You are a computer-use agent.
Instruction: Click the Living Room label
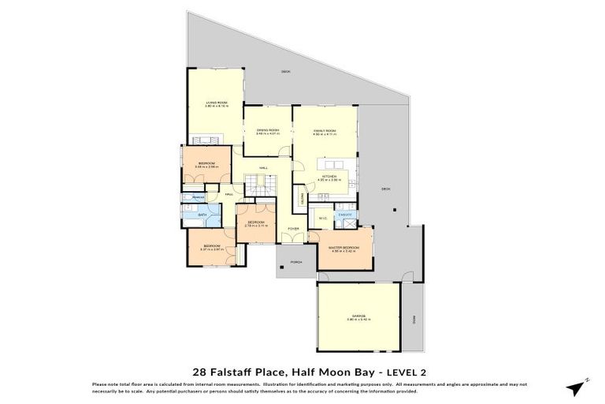pos(217,103)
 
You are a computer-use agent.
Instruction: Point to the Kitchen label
pos(329,177)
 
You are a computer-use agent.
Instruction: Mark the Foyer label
pos(293,229)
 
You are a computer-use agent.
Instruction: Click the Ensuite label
pos(344,214)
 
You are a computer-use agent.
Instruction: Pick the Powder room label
pos(199,196)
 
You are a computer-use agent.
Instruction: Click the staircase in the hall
pos(259,188)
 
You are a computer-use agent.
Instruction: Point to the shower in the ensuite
pos(351,223)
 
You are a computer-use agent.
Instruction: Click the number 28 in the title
pos(201,371)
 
